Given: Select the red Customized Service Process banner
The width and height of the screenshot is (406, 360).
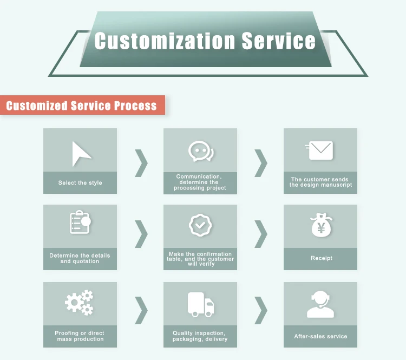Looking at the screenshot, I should pyautogui.click(x=82, y=105).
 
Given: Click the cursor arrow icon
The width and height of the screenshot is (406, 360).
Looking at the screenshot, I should pyautogui.click(x=81, y=154).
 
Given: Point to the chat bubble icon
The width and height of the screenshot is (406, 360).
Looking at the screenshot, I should pyautogui.click(x=200, y=152).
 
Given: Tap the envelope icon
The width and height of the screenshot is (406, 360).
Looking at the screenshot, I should pyautogui.click(x=320, y=150).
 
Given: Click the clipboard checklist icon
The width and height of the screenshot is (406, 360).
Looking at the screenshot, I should pyautogui.click(x=80, y=222).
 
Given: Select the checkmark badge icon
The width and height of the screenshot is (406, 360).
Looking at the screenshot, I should pyautogui.click(x=200, y=224).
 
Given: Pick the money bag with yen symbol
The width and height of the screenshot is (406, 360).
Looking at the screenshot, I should pyautogui.click(x=320, y=226).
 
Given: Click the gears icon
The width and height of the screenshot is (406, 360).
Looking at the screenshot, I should pyautogui.click(x=80, y=302).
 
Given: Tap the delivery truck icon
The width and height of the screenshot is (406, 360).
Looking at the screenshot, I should pyautogui.click(x=200, y=304).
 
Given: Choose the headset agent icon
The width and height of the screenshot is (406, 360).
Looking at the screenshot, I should pyautogui.click(x=320, y=304).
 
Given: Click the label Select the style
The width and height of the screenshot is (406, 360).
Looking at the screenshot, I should pyautogui.click(x=80, y=183).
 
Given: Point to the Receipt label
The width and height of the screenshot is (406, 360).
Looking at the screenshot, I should pyautogui.click(x=321, y=258).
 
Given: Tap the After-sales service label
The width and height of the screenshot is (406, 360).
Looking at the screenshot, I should pyautogui.click(x=320, y=336).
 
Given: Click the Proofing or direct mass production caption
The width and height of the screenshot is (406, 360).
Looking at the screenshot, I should pyautogui.click(x=80, y=336).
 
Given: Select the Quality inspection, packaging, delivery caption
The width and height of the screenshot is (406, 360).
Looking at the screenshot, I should pyautogui.click(x=200, y=336).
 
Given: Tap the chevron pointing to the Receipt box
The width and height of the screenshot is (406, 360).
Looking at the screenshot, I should pyautogui.click(x=261, y=234).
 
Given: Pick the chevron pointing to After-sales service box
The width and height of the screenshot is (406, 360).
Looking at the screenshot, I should pyautogui.click(x=261, y=311).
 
